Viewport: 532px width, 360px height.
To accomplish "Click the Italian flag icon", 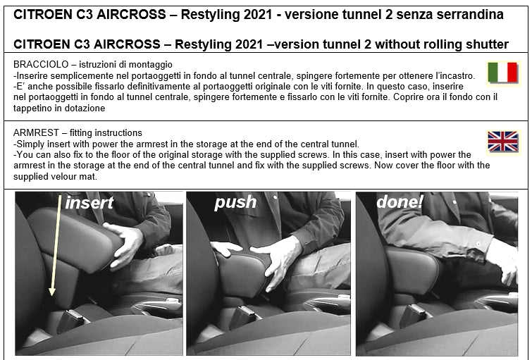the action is coord(503,73).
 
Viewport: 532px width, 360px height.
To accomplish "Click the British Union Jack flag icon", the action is coord(503,142).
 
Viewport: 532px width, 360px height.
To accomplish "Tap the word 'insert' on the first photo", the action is coord(89,203).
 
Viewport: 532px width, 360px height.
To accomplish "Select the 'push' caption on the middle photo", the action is coord(235,203).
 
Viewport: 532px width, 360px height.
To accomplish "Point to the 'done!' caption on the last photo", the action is coord(400,201).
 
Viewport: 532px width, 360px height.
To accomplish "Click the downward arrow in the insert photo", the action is coord(56,245).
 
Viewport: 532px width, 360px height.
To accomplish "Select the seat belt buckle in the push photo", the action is coord(242,316).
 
